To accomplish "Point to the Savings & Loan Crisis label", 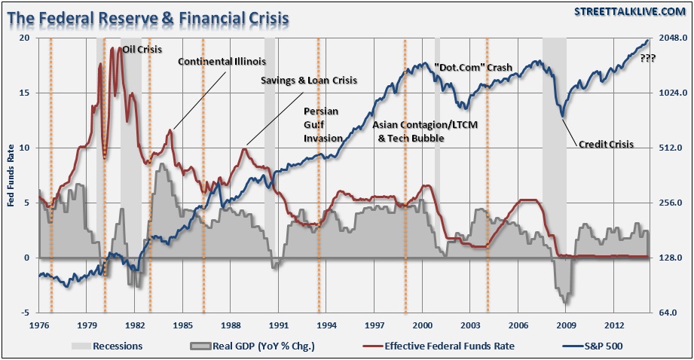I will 309,79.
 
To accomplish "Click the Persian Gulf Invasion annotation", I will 323,124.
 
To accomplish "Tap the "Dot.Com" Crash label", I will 473,68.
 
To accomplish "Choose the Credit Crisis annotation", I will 606,144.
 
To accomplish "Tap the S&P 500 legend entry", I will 599,346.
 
